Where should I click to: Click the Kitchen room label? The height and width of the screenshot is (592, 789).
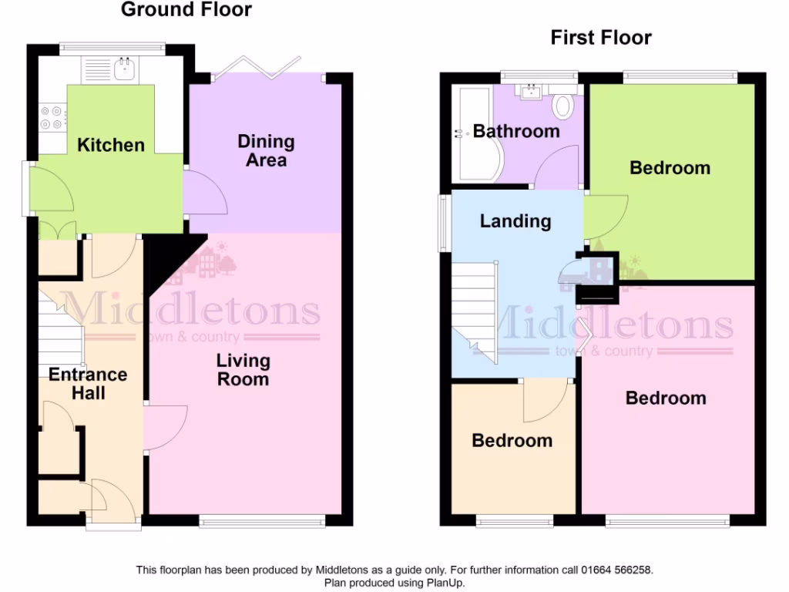point(111,145)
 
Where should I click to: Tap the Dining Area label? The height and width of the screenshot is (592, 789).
point(266,150)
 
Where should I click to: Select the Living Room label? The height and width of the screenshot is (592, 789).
point(243,369)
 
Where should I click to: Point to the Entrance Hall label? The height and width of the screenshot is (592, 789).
point(88,383)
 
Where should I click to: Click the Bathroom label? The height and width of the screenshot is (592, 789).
point(516,131)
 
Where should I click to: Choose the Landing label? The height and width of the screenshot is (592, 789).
point(515,221)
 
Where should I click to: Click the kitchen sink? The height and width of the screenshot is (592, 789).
point(123,70)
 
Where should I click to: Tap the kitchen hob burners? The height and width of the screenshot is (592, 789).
point(52,117)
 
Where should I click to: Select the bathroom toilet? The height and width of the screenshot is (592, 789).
point(563,104)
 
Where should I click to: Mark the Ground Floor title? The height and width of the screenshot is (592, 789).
point(186,10)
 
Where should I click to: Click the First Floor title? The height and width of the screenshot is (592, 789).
point(601,38)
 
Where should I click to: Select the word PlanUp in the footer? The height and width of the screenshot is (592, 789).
point(445,583)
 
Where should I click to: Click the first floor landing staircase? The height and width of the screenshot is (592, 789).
point(475,308)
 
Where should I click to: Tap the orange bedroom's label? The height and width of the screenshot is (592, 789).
point(512,440)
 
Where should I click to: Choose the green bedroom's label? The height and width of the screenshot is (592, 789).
point(670,167)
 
